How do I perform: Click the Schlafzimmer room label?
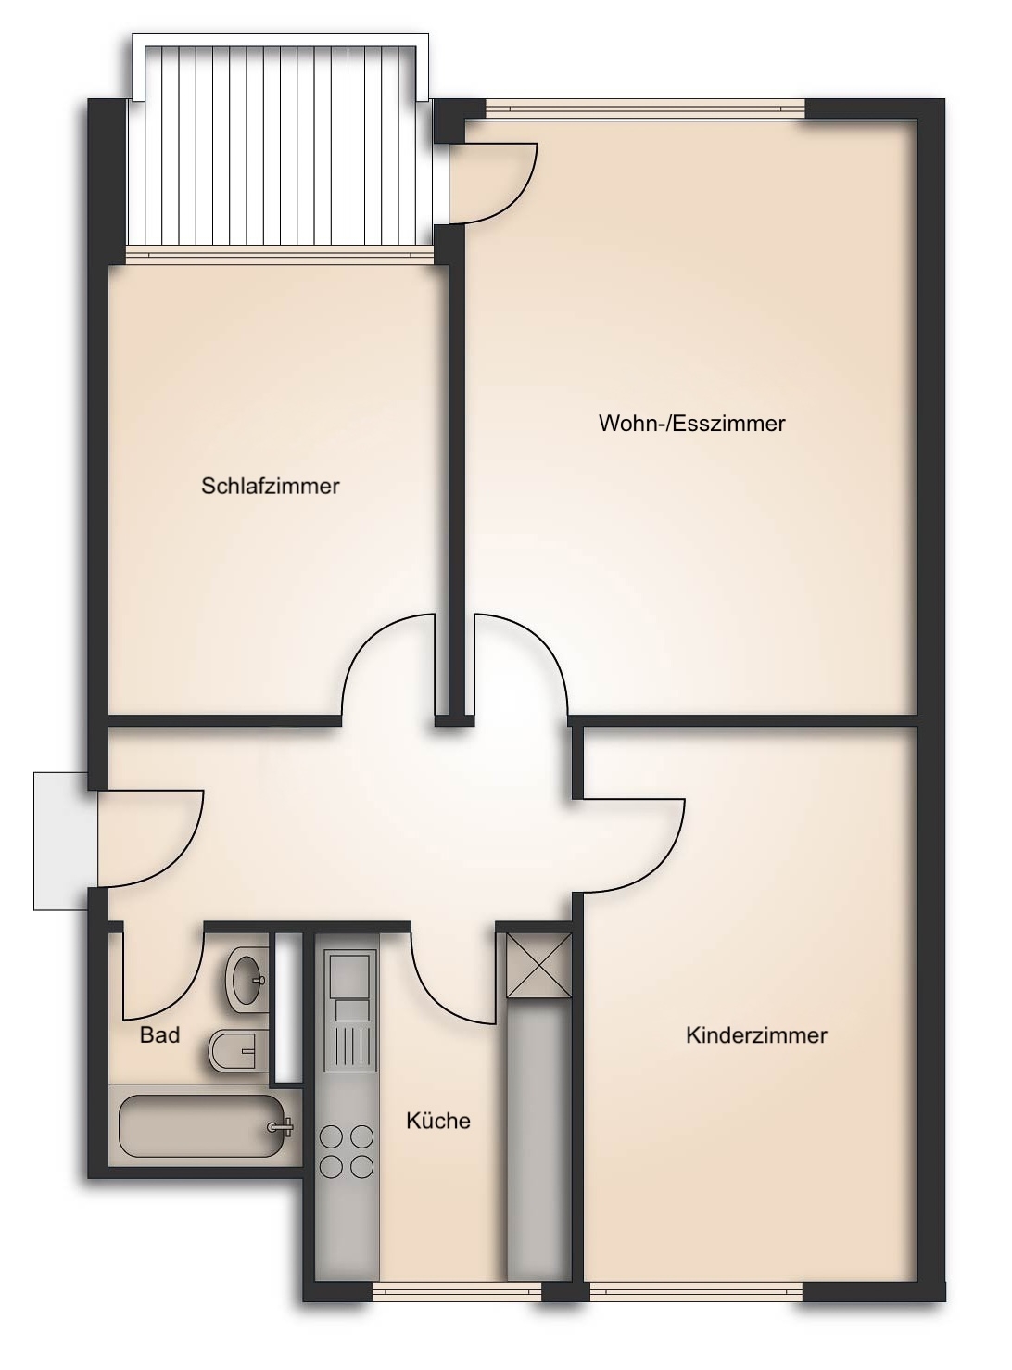tap(270, 486)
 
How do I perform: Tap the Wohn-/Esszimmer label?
tap(692, 424)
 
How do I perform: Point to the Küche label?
tap(438, 1121)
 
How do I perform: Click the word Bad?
tap(159, 1034)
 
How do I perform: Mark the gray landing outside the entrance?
tap(60, 841)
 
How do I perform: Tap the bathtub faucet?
tap(280, 1126)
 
